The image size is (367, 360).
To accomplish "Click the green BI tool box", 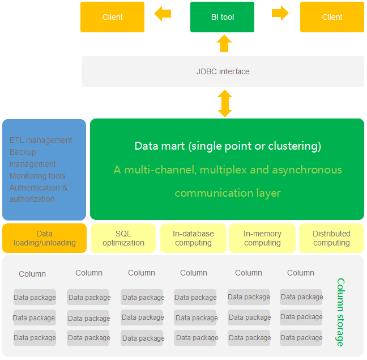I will [x=222, y=17].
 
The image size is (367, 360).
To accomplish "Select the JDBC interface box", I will [x=223, y=71].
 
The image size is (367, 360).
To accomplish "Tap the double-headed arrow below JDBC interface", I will [x=225, y=104].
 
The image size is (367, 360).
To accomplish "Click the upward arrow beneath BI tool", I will [x=224, y=44].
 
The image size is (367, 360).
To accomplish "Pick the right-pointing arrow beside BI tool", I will [x=280, y=14].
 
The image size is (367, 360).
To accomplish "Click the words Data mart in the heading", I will [x=159, y=146].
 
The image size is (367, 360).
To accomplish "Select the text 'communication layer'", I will [x=227, y=193].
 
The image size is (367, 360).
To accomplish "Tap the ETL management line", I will [x=41, y=140].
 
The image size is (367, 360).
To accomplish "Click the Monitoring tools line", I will [x=37, y=176].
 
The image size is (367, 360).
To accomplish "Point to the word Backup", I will [x=23, y=152].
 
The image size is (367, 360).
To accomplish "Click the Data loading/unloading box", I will [x=44, y=238].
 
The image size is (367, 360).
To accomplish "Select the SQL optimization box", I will [x=123, y=238].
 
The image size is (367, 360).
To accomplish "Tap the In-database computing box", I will [x=193, y=238].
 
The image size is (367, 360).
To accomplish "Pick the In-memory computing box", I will [x=262, y=238].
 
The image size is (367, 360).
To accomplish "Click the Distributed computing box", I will [x=331, y=238].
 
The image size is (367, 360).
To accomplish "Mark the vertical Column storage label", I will [x=340, y=312].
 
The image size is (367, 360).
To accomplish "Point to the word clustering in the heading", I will [x=292, y=146].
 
